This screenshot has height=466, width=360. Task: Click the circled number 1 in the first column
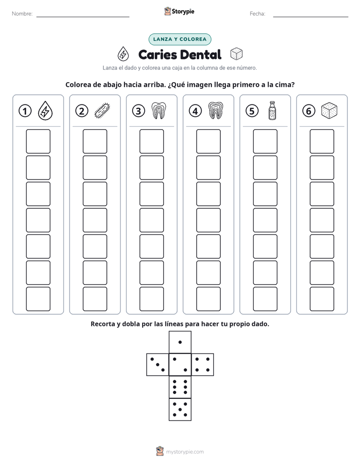coord(25,111)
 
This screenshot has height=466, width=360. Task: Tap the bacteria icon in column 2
coord(102,111)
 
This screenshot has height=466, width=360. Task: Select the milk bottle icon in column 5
coord(272,110)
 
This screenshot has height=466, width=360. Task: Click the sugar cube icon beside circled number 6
coord(329,110)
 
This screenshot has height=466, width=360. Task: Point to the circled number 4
coord(195,111)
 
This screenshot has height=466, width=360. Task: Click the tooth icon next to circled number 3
coord(159,110)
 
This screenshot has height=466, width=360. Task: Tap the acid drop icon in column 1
coord(45,110)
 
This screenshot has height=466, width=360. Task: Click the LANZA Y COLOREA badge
coord(179,39)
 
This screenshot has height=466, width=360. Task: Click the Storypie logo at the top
coord(179,12)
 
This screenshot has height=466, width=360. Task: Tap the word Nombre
coord(22,14)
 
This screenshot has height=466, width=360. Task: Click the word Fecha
coord(257,14)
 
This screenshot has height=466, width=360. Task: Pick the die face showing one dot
coord(180,342)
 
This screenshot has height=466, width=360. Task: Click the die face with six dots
coord(180,387)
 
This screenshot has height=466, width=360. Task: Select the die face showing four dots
coord(203,365)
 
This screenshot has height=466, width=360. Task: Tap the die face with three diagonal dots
coord(158,365)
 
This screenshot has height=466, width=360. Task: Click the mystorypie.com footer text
coord(185,452)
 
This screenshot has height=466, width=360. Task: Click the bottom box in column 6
coord(322,299)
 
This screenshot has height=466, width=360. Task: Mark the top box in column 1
coord(38,141)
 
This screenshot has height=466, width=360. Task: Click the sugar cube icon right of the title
coord(236,54)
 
